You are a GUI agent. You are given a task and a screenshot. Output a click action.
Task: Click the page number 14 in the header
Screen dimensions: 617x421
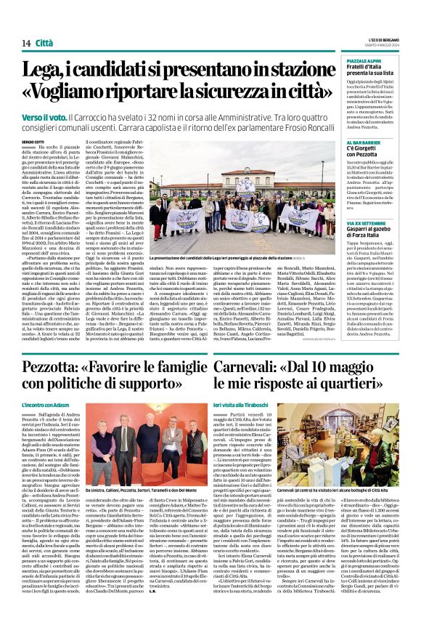25,44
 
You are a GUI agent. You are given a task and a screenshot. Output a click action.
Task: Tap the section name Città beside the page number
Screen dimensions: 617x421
44,44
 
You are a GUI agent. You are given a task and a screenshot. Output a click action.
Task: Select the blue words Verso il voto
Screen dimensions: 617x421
41,116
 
